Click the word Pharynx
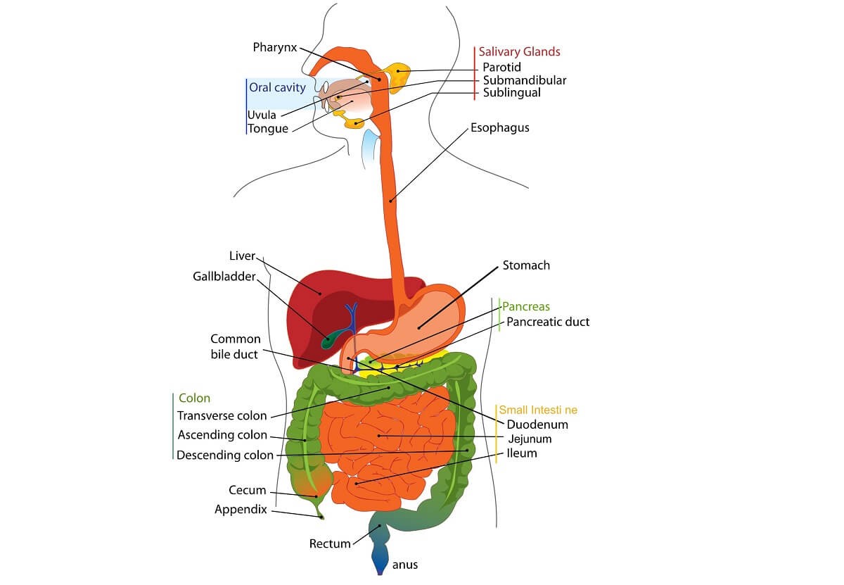(275, 48)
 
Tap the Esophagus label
(499, 128)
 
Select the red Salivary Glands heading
(519, 51)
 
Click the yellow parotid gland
(398, 75)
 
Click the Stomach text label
(526, 265)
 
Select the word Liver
(242, 256)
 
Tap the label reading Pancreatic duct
(548, 322)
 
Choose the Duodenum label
(537, 424)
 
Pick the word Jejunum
(529, 439)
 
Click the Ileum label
(522, 453)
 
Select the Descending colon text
(225, 455)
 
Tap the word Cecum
(248, 491)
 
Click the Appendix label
(241, 510)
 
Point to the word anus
(405, 565)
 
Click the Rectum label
(330, 543)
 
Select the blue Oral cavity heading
(277, 87)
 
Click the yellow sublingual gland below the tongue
(354, 123)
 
